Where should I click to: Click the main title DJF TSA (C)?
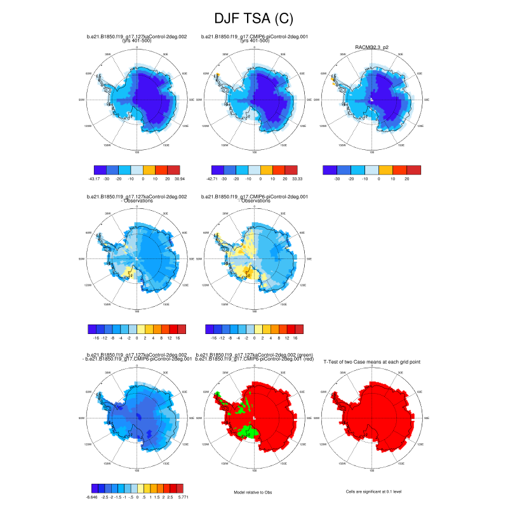[254, 19]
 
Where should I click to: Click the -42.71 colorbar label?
[211, 180]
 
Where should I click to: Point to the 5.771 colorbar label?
[183, 497]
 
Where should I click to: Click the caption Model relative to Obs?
[254, 491]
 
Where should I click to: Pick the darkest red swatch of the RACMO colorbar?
[414, 170]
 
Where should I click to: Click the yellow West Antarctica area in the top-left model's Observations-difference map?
[130, 274]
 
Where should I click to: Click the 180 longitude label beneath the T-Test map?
[371, 470]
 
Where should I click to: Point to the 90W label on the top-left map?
[82, 100]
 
